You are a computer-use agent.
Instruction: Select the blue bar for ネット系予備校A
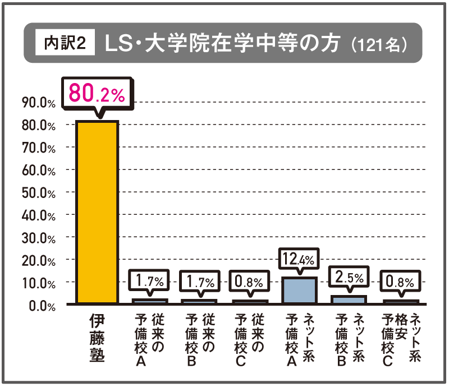click(x=299, y=290)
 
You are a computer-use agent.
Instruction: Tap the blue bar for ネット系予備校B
click(x=348, y=300)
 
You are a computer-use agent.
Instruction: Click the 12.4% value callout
click(x=299, y=259)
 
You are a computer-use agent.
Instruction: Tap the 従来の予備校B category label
click(x=199, y=339)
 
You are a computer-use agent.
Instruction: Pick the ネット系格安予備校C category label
click(x=401, y=339)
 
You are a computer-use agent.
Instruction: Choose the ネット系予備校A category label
click(x=299, y=339)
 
